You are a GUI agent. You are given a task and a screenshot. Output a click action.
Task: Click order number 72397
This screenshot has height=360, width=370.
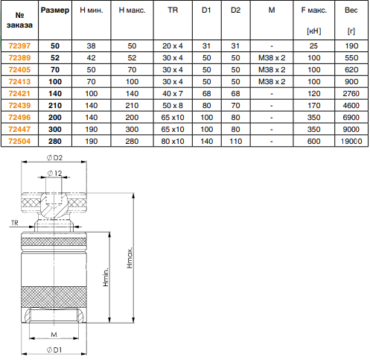coord(19,46)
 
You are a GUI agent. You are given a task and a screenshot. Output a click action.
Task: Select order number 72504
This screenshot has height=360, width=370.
coord(19,142)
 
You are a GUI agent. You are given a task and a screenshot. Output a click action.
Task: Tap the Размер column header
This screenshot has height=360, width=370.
coord(55,10)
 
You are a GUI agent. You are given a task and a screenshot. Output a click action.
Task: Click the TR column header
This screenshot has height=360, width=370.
coord(173,10)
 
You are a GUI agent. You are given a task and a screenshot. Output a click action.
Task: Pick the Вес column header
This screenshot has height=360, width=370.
coord(351,10)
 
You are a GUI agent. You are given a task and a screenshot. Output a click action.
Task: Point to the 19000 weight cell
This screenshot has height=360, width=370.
coord(351,142)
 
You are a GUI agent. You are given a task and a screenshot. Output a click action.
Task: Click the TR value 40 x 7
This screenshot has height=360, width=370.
coord(173,94)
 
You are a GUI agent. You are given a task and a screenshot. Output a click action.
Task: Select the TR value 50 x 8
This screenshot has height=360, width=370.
coord(173,106)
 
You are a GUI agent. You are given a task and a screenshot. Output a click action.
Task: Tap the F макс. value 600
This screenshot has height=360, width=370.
coord(314,142)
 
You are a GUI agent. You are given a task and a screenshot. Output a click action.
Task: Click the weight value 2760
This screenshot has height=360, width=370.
coord(351,94)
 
